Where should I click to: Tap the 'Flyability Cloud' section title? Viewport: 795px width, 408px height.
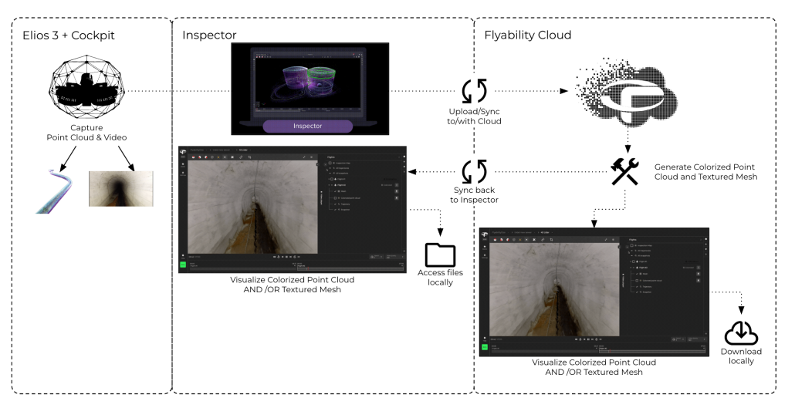[527, 35]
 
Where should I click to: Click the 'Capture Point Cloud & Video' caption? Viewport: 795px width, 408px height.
[86, 132]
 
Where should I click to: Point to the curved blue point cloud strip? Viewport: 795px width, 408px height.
[59, 191]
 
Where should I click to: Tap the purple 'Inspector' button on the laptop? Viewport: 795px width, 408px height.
[308, 125]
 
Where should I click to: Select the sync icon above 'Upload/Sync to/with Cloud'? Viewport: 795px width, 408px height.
[473, 90]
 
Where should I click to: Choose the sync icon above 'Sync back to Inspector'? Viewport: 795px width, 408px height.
[473, 170]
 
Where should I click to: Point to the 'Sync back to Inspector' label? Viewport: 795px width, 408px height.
[473, 195]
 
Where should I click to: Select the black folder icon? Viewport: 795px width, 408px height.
[441, 255]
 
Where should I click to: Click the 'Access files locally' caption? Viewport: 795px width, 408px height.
[441, 278]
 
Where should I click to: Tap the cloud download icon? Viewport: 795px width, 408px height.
[741, 332]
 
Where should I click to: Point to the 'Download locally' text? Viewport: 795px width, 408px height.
[742, 356]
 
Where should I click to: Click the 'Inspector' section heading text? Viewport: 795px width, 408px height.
[210, 35]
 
